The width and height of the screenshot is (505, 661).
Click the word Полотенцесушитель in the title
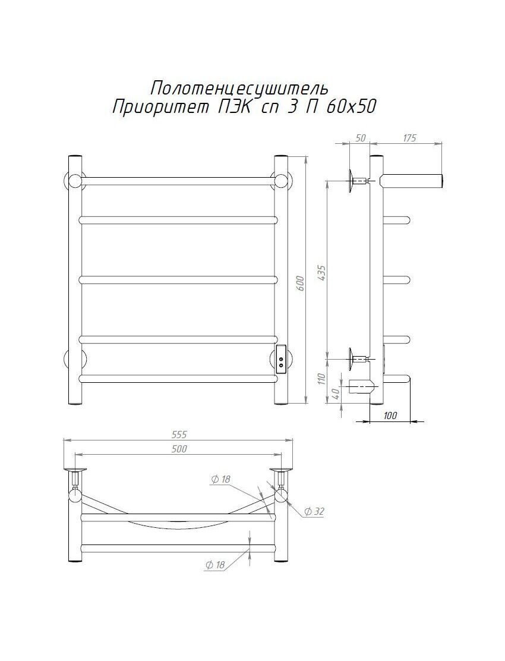[x=239, y=88]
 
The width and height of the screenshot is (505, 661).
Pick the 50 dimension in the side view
[x=361, y=138]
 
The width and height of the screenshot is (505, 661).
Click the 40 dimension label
[x=336, y=394]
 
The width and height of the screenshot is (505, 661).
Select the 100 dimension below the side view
[x=390, y=416]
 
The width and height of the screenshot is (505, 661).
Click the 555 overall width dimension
[x=179, y=435]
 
